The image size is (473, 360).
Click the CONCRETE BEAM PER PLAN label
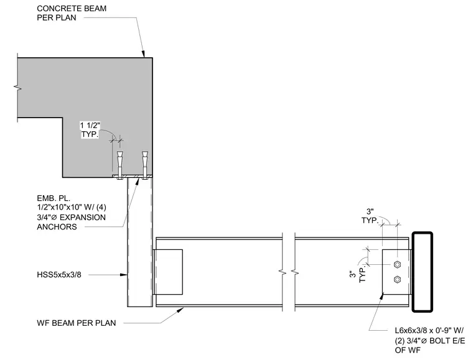tap(72, 13)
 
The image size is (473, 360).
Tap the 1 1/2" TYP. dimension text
tap(90, 130)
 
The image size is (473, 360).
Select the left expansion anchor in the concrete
tap(119, 165)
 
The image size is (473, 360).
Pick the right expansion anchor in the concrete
tap(145, 165)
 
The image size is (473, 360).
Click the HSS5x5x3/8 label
tap(59, 275)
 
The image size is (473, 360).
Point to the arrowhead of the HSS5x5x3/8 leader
tap(124, 275)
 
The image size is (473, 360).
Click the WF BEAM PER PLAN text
tap(77, 323)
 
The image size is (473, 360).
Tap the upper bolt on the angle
tap(397, 265)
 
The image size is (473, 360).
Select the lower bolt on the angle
tap(397, 280)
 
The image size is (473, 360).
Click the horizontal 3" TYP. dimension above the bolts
tap(370, 216)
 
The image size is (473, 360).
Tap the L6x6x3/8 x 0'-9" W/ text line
tap(429, 331)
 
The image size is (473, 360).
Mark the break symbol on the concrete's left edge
tap(17, 88)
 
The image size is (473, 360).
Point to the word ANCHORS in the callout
tap(57, 226)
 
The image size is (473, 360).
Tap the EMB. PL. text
tap(54, 198)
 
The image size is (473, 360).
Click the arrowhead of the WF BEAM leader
tap(181, 310)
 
